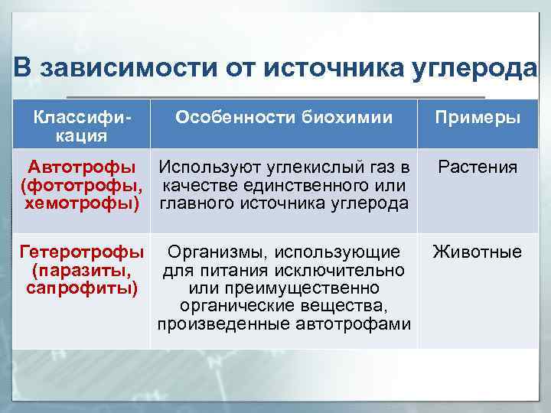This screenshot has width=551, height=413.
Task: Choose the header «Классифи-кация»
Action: tap(81, 126)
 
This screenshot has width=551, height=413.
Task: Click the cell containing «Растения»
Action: tap(478, 167)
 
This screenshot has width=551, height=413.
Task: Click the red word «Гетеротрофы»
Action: tap(82, 252)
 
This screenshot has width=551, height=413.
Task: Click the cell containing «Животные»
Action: tap(478, 252)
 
